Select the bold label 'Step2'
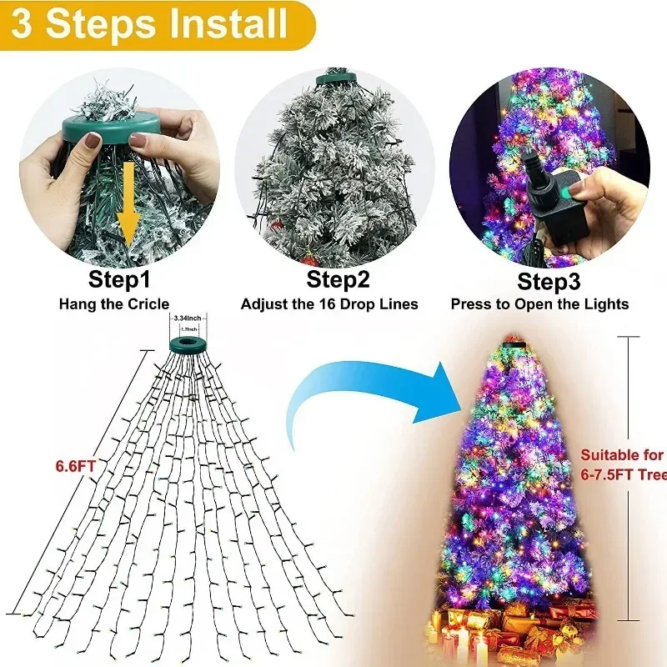(331, 278)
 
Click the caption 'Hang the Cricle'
(113, 304)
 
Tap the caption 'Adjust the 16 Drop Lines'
(329, 304)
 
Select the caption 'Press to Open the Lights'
(539, 304)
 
